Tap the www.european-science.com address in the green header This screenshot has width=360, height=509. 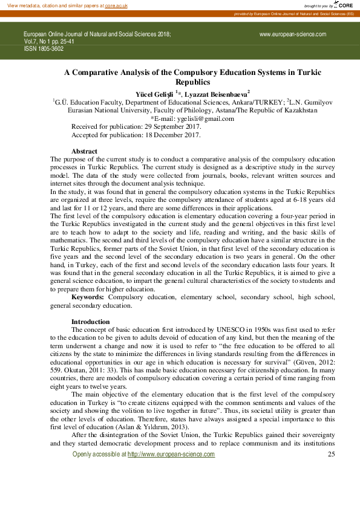(x=293, y=34)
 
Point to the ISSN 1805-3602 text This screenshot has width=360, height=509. (x=44, y=48)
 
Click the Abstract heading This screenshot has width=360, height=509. (x=85, y=151)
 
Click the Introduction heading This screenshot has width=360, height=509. (x=91, y=322)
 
